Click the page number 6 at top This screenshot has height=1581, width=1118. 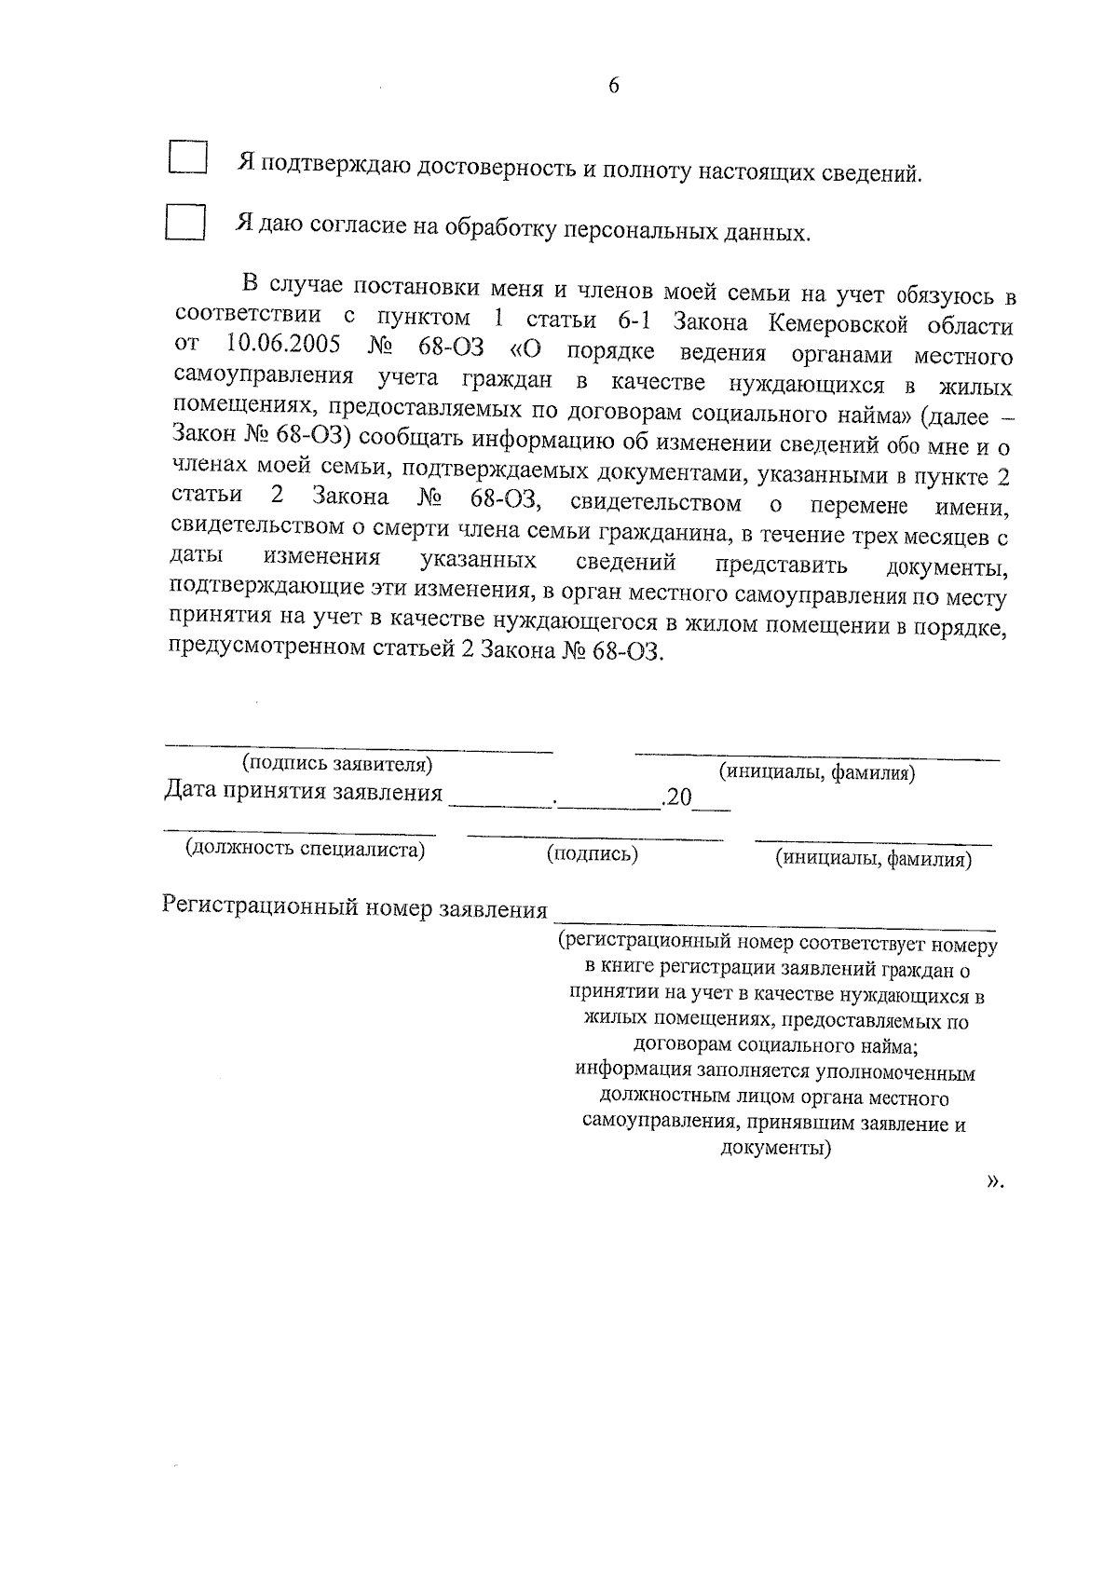[x=612, y=86]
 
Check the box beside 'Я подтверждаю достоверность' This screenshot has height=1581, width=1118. [x=188, y=157]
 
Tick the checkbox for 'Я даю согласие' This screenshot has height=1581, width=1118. [x=184, y=223]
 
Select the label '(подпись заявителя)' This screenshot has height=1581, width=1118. [x=337, y=765]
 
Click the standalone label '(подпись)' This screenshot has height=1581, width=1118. [x=593, y=853]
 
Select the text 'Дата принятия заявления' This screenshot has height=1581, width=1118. [x=304, y=793]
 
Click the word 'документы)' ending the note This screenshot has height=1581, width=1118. [x=776, y=1149]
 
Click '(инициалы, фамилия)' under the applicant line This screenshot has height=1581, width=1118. [x=816, y=771]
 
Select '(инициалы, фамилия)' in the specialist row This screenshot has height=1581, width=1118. [x=874, y=859]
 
